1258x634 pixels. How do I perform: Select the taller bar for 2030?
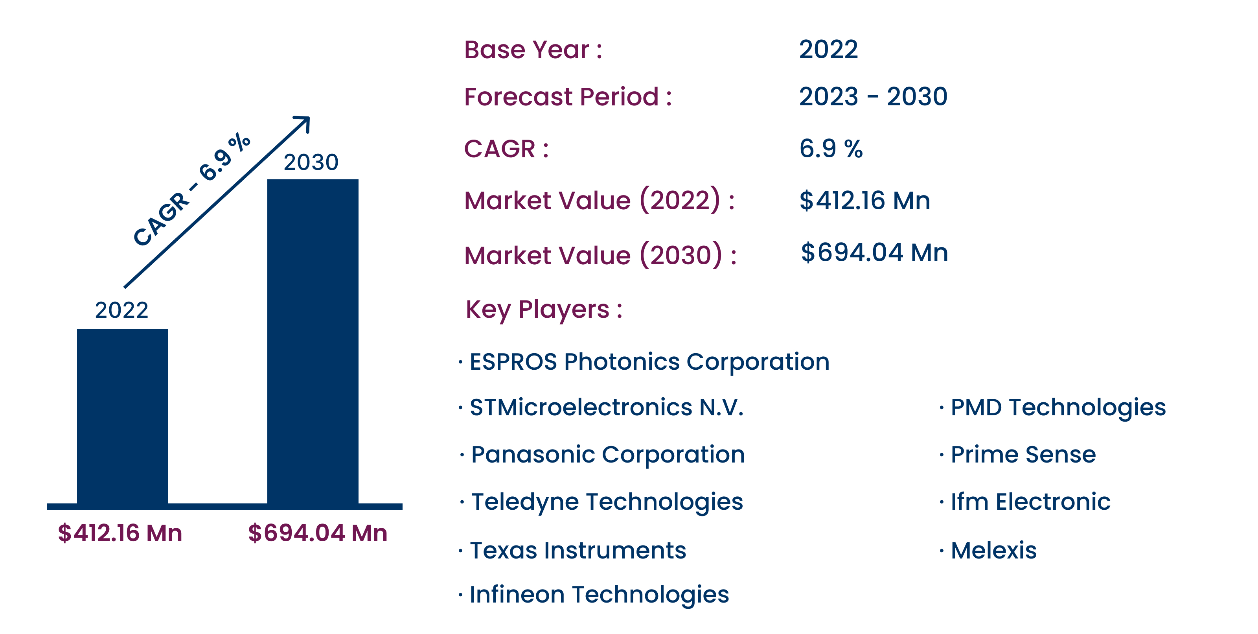click(x=313, y=341)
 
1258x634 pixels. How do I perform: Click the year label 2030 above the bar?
click(x=311, y=162)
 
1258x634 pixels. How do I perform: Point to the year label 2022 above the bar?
click(x=121, y=310)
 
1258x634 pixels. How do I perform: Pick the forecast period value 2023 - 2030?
click(x=873, y=96)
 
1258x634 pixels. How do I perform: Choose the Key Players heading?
click(x=544, y=310)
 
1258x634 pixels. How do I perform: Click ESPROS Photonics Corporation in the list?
click(x=649, y=362)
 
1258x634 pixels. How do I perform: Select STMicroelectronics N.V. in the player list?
click(x=607, y=407)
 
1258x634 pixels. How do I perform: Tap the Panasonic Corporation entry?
click(x=608, y=455)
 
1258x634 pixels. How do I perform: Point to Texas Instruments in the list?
click(x=578, y=551)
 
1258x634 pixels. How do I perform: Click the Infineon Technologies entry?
click(x=599, y=595)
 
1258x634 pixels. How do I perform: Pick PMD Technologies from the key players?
click(x=1058, y=408)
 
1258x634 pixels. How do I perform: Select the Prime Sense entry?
click(x=1023, y=455)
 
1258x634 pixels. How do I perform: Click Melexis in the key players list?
click(x=993, y=551)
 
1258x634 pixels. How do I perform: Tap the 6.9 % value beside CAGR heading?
click(x=831, y=149)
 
